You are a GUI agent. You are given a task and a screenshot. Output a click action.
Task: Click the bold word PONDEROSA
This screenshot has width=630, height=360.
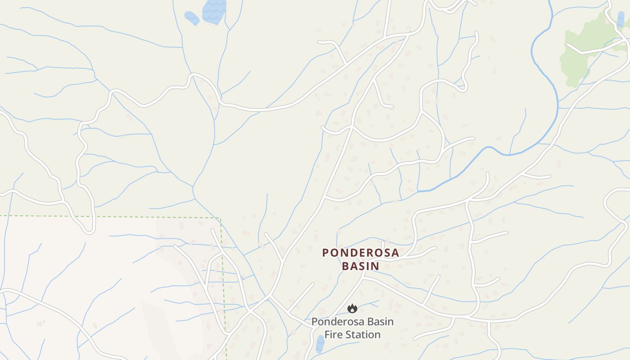pyautogui.click(x=360, y=253)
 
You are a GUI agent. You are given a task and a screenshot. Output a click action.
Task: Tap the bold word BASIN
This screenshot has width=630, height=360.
pyautogui.click(x=360, y=266)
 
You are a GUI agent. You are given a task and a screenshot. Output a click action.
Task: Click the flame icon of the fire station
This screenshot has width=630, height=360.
pyautogui.click(x=352, y=308)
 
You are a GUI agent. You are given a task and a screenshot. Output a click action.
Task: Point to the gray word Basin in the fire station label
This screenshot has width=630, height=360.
pyautogui.click(x=379, y=322)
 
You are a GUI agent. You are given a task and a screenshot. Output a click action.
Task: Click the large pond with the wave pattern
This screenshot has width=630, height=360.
pyautogui.click(x=214, y=11)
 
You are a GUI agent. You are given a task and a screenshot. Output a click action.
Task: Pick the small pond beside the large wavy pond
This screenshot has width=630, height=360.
pyautogui.click(x=192, y=18)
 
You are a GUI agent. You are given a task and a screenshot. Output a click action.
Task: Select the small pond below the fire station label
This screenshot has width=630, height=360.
pyautogui.click(x=320, y=344)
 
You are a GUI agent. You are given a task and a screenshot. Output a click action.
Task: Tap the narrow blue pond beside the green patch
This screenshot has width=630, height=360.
pyautogui.click(x=621, y=19)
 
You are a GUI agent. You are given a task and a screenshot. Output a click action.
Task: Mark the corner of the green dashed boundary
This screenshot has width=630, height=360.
pyautogui.click(x=220, y=218)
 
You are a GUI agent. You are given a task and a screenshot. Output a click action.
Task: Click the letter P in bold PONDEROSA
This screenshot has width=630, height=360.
pyautogui.click(x=326, y=253)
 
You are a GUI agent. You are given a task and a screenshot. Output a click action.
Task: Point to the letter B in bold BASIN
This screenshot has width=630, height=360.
pyautogui.click(x=345, y=266)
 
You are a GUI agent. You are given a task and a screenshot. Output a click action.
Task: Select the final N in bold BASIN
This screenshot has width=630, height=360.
pyautogui.click(x=375, y=266)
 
